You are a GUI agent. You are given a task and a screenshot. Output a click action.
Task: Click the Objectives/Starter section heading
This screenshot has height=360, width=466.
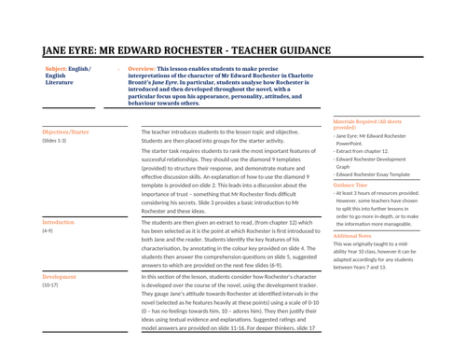pyautogui.click(x=66, y=132)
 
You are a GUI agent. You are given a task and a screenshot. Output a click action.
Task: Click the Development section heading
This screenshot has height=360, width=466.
pyautogui.click(x=61, y=278)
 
